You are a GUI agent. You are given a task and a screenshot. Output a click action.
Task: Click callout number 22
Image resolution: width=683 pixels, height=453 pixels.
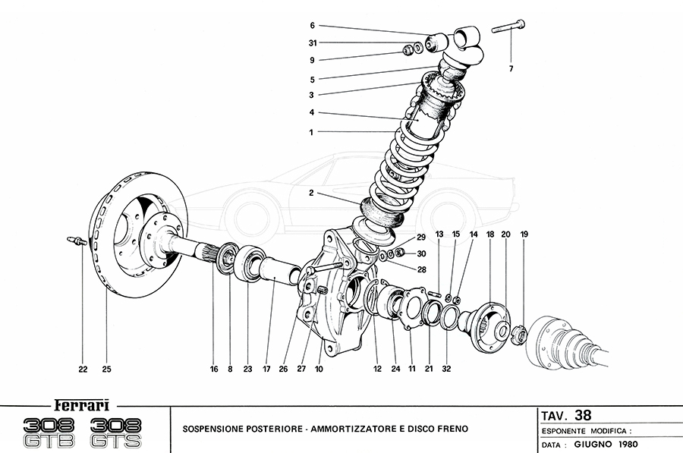click(x=83, y=370)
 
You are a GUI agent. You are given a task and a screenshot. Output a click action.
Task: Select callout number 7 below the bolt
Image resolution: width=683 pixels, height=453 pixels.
click(x=511, y=69)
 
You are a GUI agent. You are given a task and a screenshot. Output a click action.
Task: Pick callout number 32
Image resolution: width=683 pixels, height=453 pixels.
click(x=446, y=370)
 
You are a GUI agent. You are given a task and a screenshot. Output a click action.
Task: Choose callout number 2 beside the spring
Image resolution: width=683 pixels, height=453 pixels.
click(x=311, y=194)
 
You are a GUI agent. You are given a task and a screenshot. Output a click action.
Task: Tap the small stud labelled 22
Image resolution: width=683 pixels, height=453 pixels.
click(x=77, y=242)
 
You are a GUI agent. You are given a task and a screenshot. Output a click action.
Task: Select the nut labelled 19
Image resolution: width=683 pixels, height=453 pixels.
click(x=519, y=333)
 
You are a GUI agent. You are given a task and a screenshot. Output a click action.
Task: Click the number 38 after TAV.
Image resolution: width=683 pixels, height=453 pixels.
click(x=583, y=414)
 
